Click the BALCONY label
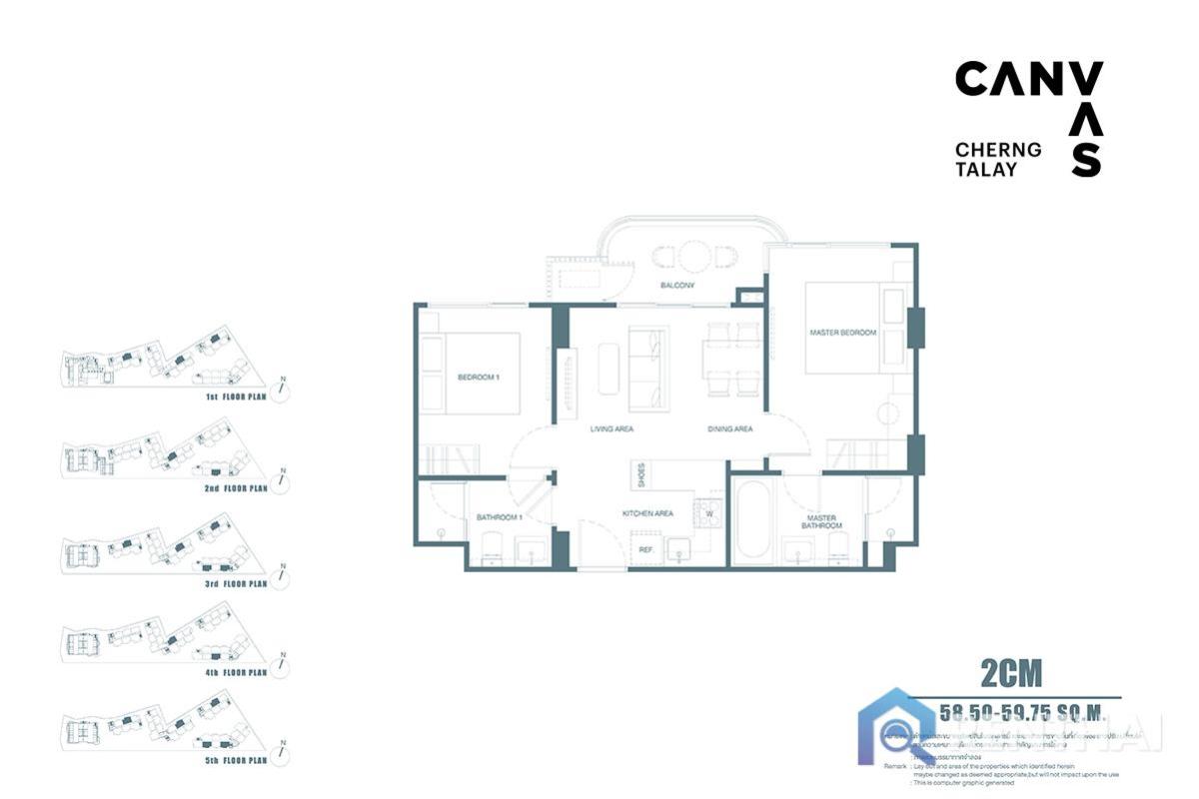point(677,287)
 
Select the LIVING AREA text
point(610,429)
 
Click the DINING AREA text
point(729,429)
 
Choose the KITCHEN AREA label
point(647,513)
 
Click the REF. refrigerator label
point(646,549)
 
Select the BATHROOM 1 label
point(500,517)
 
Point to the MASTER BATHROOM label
point(821,522)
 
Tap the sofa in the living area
point(645,368)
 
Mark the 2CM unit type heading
point(1010,674)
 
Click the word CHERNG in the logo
point(997,150)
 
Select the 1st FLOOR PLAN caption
point(237,397)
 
